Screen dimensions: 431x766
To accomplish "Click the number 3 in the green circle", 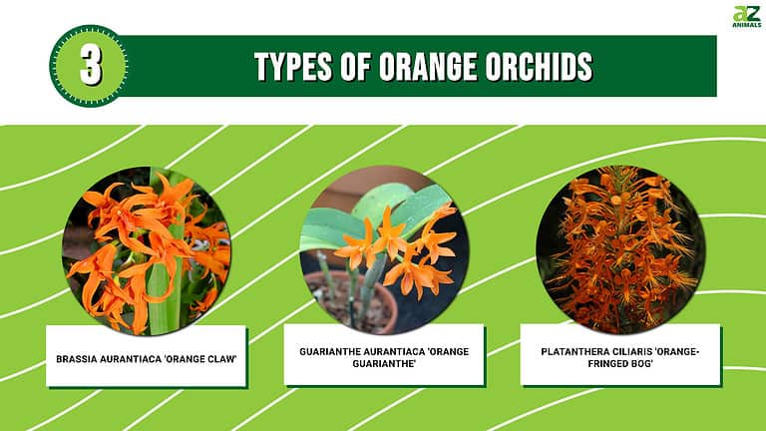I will [89, 66].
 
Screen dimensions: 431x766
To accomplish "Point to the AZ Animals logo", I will [746, 17].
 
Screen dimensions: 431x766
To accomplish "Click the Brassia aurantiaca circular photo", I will [147, 250].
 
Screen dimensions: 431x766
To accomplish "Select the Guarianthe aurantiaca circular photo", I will [384, 250].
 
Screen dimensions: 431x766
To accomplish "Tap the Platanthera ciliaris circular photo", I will [620, 250].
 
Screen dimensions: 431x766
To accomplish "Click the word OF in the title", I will [358, 67].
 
